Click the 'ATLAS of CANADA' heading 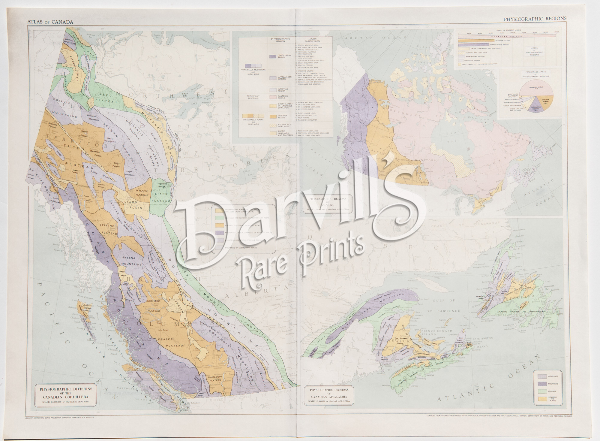click(50, 22)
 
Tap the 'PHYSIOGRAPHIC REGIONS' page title click(535, 19)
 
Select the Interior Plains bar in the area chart click(471, 40)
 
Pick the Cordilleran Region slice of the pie click(535, 107)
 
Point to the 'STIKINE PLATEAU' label click(107, 229)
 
